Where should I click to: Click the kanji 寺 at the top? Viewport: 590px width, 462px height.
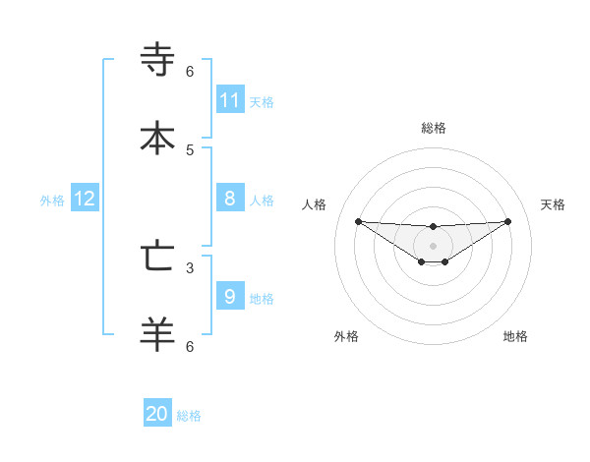pyautogui.click(x=157, y=60)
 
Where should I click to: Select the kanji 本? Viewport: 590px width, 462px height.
pyautogui.click(x=157, y=138)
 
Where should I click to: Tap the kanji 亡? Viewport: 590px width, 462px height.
pyautogui.click(x=157, y=257)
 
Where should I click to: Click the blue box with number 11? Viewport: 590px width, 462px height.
pyautogui.click(x=230, y=99)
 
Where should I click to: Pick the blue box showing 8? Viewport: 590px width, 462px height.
pyautogui.click(x=230, y=199)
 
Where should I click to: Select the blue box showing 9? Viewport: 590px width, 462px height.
pyautogui.click(x=230, y=296)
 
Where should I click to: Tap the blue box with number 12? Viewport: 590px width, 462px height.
pyautogui.click(x=85, y=199)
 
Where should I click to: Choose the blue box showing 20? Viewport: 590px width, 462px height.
pyautogui.click(x=157, y=414)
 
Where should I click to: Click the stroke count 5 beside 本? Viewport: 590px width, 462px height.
pyautogui.click(x=190, y=149)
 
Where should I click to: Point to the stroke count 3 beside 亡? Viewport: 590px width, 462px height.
pyautogui.click(x=190, y=267)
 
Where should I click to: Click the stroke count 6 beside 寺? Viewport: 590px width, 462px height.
pyautogui.click(x=190, y=71)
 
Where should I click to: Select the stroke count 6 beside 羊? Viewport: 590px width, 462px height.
pyautogui.click(x=190, y=346)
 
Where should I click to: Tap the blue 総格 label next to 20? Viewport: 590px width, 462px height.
pyautogui.click(x=189, y=416)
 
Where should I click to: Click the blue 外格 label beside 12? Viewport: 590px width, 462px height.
pyautogui.click(x=52, y=201)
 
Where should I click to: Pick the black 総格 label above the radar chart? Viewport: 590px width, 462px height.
pyautogui.click(x=434, y=128)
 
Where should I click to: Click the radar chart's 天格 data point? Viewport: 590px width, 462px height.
pyautogui.click(x=508, y=221)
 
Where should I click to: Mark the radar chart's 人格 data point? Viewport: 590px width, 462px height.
pyautogui.click(x=358, y=221)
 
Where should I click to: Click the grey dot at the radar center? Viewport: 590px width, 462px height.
pyautogui.click(x=433, y=245)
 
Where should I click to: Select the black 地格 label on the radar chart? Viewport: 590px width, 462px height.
pyautogui.click(x=515, y=336)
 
